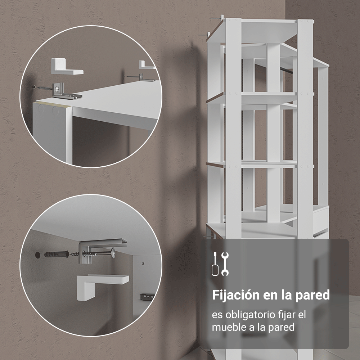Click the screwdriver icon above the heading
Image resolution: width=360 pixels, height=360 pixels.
tap(215, 264)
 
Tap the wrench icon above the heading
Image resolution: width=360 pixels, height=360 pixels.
tap(225, 264)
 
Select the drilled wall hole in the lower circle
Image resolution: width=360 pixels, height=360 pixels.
tap(37, 255)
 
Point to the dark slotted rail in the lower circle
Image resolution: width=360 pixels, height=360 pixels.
tap(145, 297)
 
